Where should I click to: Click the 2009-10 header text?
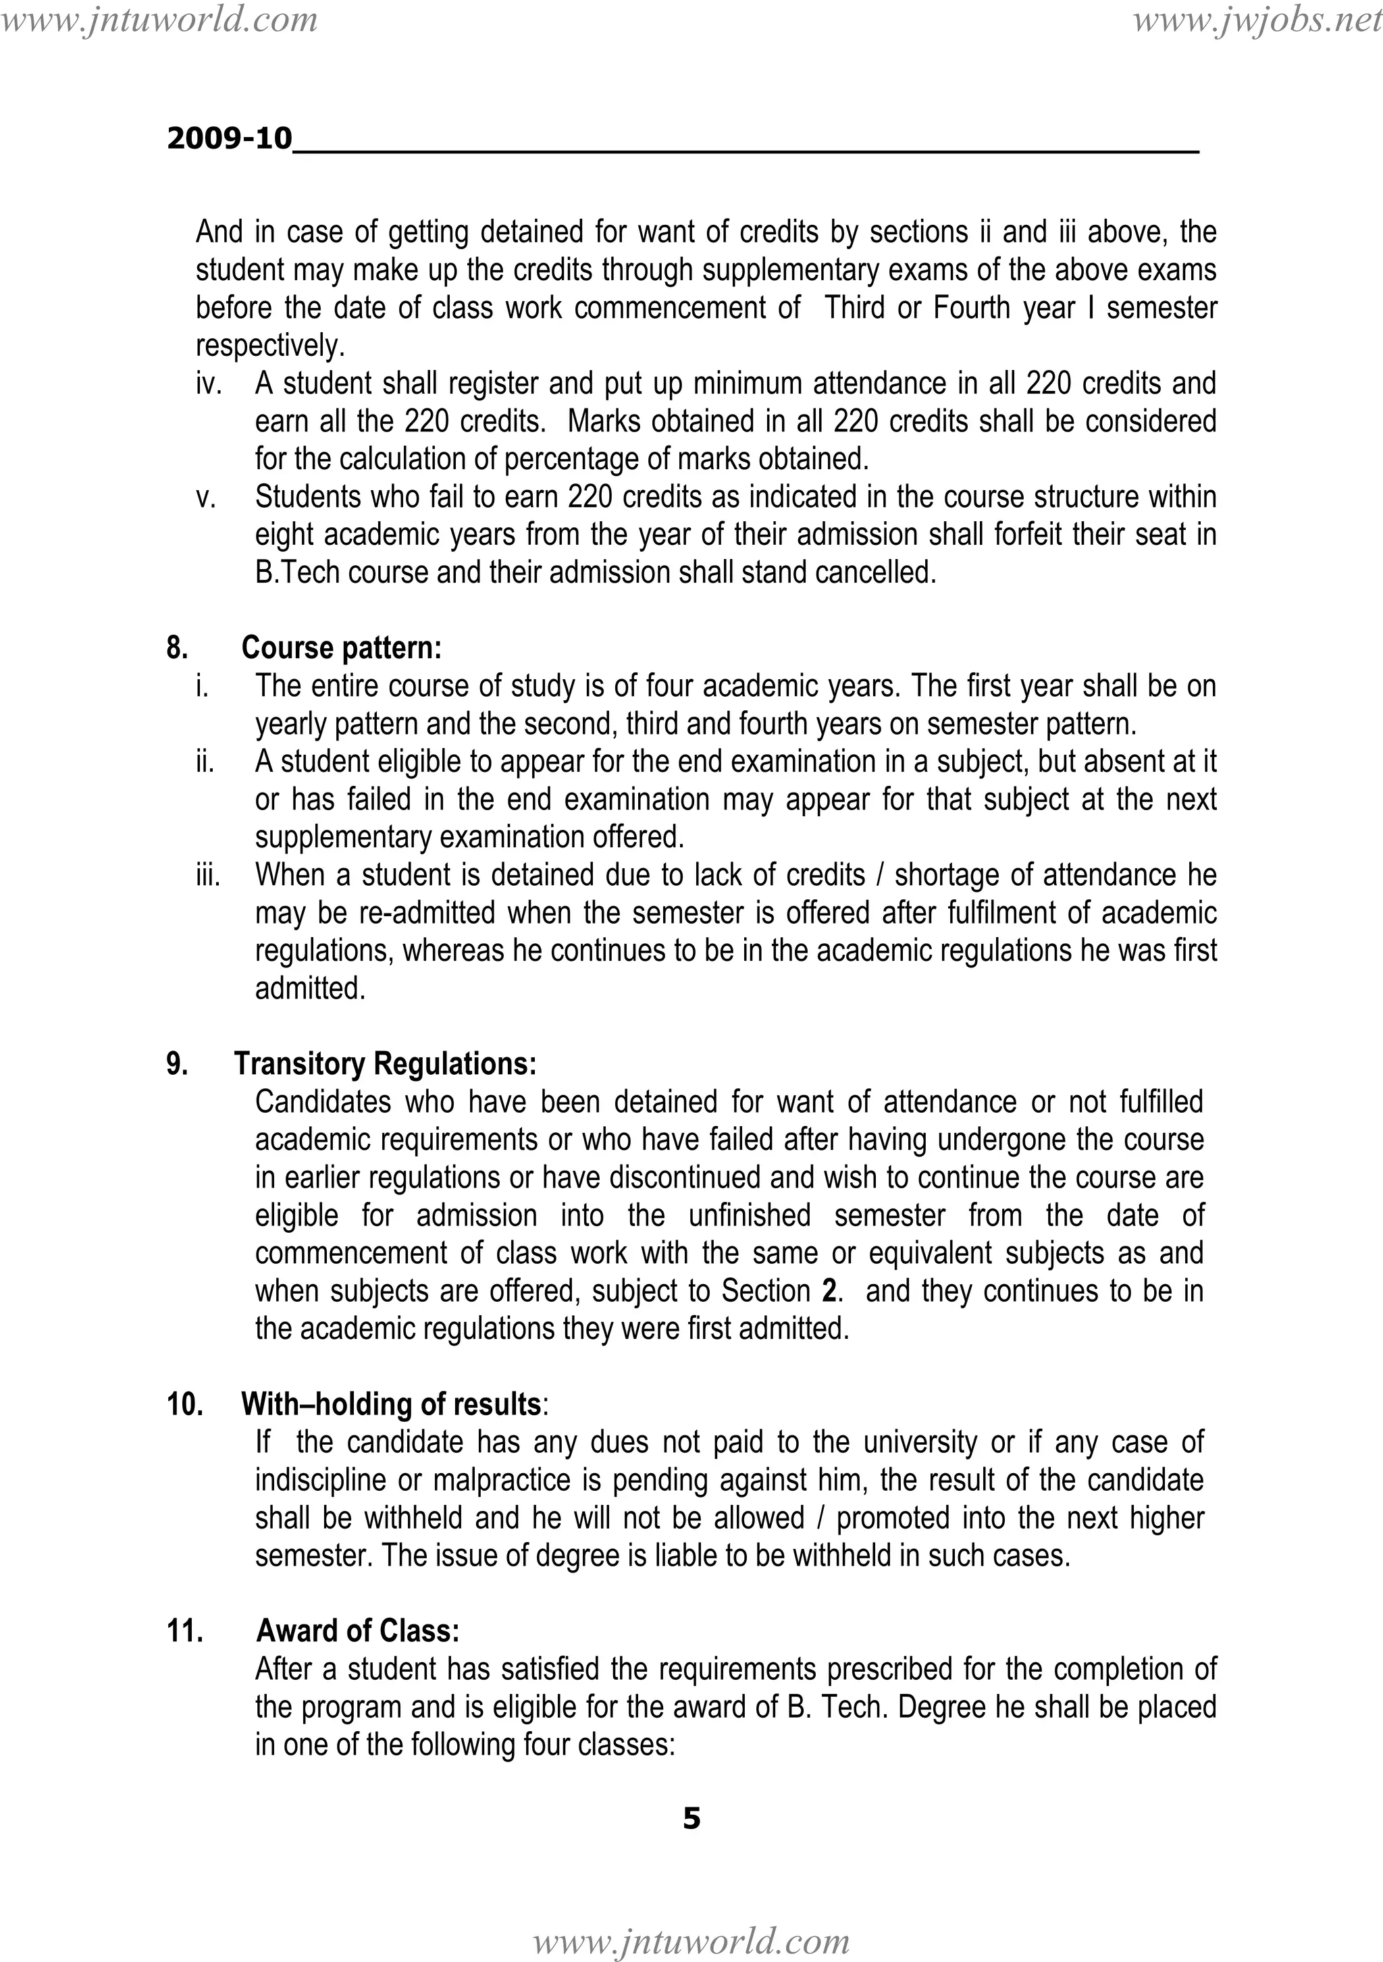[x=229, y=138]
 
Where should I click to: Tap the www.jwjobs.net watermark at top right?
[x=1257, y=19]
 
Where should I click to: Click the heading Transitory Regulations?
[x=386, y=1064]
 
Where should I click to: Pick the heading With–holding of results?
[x=390, y=1404]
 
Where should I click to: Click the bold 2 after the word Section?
[x=829, y=1290]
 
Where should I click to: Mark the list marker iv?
[x=209, y=383]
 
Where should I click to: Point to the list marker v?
[x=205, y=498]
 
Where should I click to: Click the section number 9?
[x=176, y=1064]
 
